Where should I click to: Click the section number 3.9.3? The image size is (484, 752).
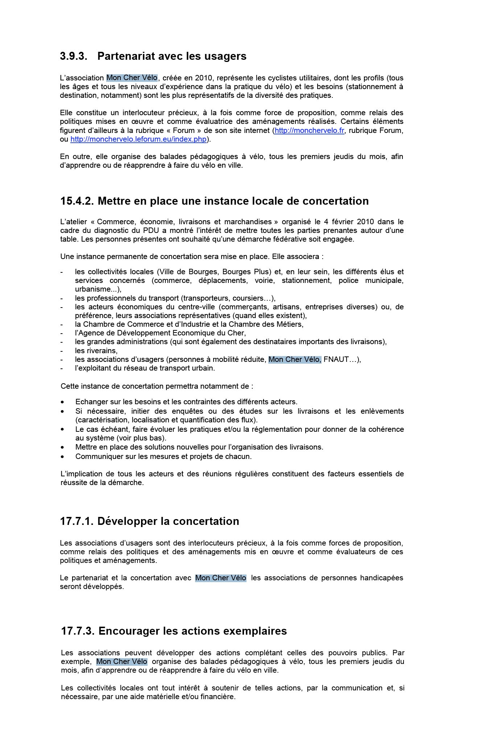[74, 56]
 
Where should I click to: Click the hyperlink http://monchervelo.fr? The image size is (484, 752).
[309, 130]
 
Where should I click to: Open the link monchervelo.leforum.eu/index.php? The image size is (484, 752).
[138, 139]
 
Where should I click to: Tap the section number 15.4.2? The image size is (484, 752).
[77, 201]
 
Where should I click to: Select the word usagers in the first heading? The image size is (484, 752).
[226, 56]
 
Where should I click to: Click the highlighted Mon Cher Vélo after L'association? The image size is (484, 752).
[132, 78]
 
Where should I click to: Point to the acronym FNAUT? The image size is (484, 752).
[336, 359]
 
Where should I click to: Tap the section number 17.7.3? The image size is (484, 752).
[78, 631]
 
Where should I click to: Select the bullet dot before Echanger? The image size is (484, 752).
[63, 402]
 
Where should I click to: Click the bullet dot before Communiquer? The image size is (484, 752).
[63, 457]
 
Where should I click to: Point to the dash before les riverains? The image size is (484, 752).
[62, 351]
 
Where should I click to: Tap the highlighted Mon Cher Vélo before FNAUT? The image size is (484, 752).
[294, 359]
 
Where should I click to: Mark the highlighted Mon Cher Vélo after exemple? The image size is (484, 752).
[122, 661]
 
